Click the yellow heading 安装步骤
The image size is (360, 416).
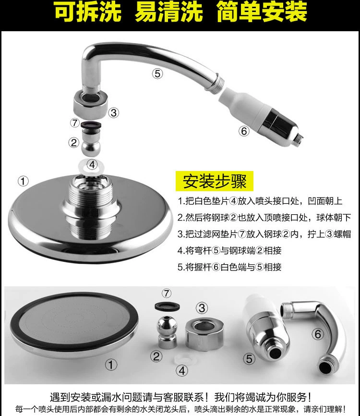[x=215, y=181]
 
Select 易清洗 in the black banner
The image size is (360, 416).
[x=169, y=12]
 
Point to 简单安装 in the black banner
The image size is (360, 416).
[x=262, y=12]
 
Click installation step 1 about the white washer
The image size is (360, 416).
[x=260, y=201]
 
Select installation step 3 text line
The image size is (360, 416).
[x=264, y=234]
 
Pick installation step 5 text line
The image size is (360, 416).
[x=229, y=267]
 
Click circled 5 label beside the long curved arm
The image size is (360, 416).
[x=157, y=73]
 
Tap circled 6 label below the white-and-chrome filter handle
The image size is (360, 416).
[x=244, y=131]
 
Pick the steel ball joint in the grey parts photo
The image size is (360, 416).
[x=167, y=332]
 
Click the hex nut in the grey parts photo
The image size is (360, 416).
[x=204, y=333]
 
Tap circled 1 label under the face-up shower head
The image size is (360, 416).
[x=111, y=365]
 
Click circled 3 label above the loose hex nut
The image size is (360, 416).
[x=202, y=308]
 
